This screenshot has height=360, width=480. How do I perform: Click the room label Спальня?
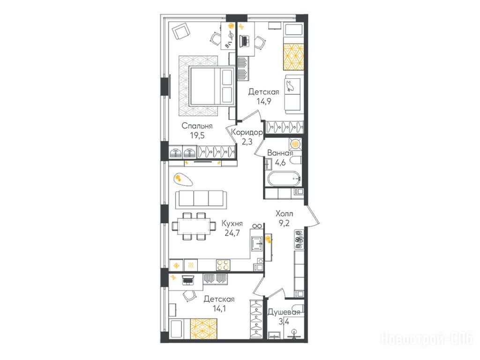pyautogui.click(x=197, y=126)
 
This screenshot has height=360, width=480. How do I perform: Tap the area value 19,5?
pyautogui.click(x=197, y=135)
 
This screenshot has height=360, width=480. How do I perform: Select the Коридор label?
pyautogui.click(x=247, y=133)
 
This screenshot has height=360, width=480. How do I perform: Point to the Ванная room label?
pyautogui.click(x=280, y=153)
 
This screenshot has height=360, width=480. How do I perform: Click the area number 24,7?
pyautogui.click(x=232, y=233)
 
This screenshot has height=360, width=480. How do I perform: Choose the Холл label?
pyautogui.click(x=284, y=213)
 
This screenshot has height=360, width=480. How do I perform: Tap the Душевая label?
pyautogui.click(x=284, y=313)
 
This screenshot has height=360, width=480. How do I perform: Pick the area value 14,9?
pyautogui.click(x=264, y=101)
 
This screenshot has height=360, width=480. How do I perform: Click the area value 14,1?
pyautogui.click(x=219, y=308)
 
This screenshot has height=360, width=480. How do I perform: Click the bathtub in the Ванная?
pyautogui.click(x=284, y=179)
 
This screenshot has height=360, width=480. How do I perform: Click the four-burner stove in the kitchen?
pyautogui.click(x=223, y=265)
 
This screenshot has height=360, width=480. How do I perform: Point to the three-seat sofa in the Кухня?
pyautogui.click(x=201, y=199)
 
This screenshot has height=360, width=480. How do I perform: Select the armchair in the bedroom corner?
pyautogui.click(x=181, y=32)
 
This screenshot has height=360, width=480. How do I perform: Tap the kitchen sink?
pyautogui.click(x=256, y=244)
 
